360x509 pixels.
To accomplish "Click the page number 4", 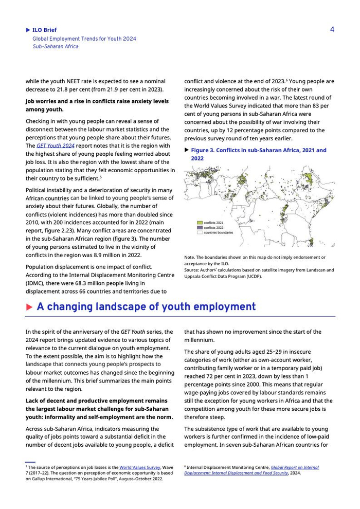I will click(332, 29).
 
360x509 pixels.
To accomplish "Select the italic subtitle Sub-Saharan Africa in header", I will click(56, 46).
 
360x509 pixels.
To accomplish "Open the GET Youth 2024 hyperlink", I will click(55, 146).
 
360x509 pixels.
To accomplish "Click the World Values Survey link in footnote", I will click(140, 467).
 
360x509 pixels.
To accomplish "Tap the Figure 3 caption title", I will click(258, 154).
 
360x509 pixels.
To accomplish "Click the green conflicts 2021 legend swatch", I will click(200, 223).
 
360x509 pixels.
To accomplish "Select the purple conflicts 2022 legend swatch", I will click(200, 227).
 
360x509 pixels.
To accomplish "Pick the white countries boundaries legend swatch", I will click(200, 232).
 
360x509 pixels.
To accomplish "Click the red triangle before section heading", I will click(29, 307).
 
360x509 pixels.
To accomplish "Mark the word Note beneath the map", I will click(189, 257).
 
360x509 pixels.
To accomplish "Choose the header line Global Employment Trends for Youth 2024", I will click(84, 39).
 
